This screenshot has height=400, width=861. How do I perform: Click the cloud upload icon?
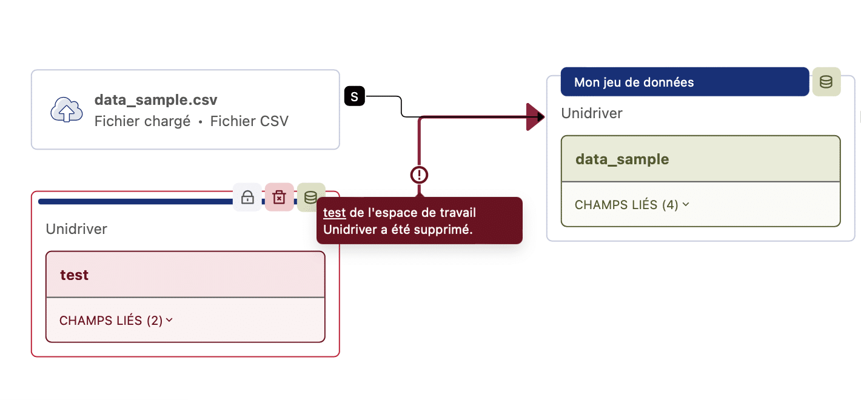point(66,110)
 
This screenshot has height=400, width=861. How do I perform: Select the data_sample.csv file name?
point(156,100)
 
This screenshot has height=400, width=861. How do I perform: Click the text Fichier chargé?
point(142,121)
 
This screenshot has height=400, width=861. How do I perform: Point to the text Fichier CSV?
point(249,121)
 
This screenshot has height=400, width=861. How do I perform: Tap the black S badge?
point(355,96)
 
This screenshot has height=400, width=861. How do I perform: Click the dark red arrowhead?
point(535,116)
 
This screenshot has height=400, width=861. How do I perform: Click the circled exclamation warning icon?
point(419,175)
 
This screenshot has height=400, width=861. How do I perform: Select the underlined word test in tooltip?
point(335,213)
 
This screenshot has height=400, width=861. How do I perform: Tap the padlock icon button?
point(247,197)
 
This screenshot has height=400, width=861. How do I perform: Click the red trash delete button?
point(279,197)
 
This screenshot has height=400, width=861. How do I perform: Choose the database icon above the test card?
point(310,197)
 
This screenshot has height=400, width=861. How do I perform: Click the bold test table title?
point(75,275)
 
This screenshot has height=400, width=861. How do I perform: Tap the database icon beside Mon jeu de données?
point(826,82)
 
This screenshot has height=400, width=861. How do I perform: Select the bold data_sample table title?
point(622,159)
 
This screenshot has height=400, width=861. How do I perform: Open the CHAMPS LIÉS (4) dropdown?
point(632,205)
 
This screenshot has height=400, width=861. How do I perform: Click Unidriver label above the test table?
point(76,229)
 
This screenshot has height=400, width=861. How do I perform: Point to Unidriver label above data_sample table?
point(592,113)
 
